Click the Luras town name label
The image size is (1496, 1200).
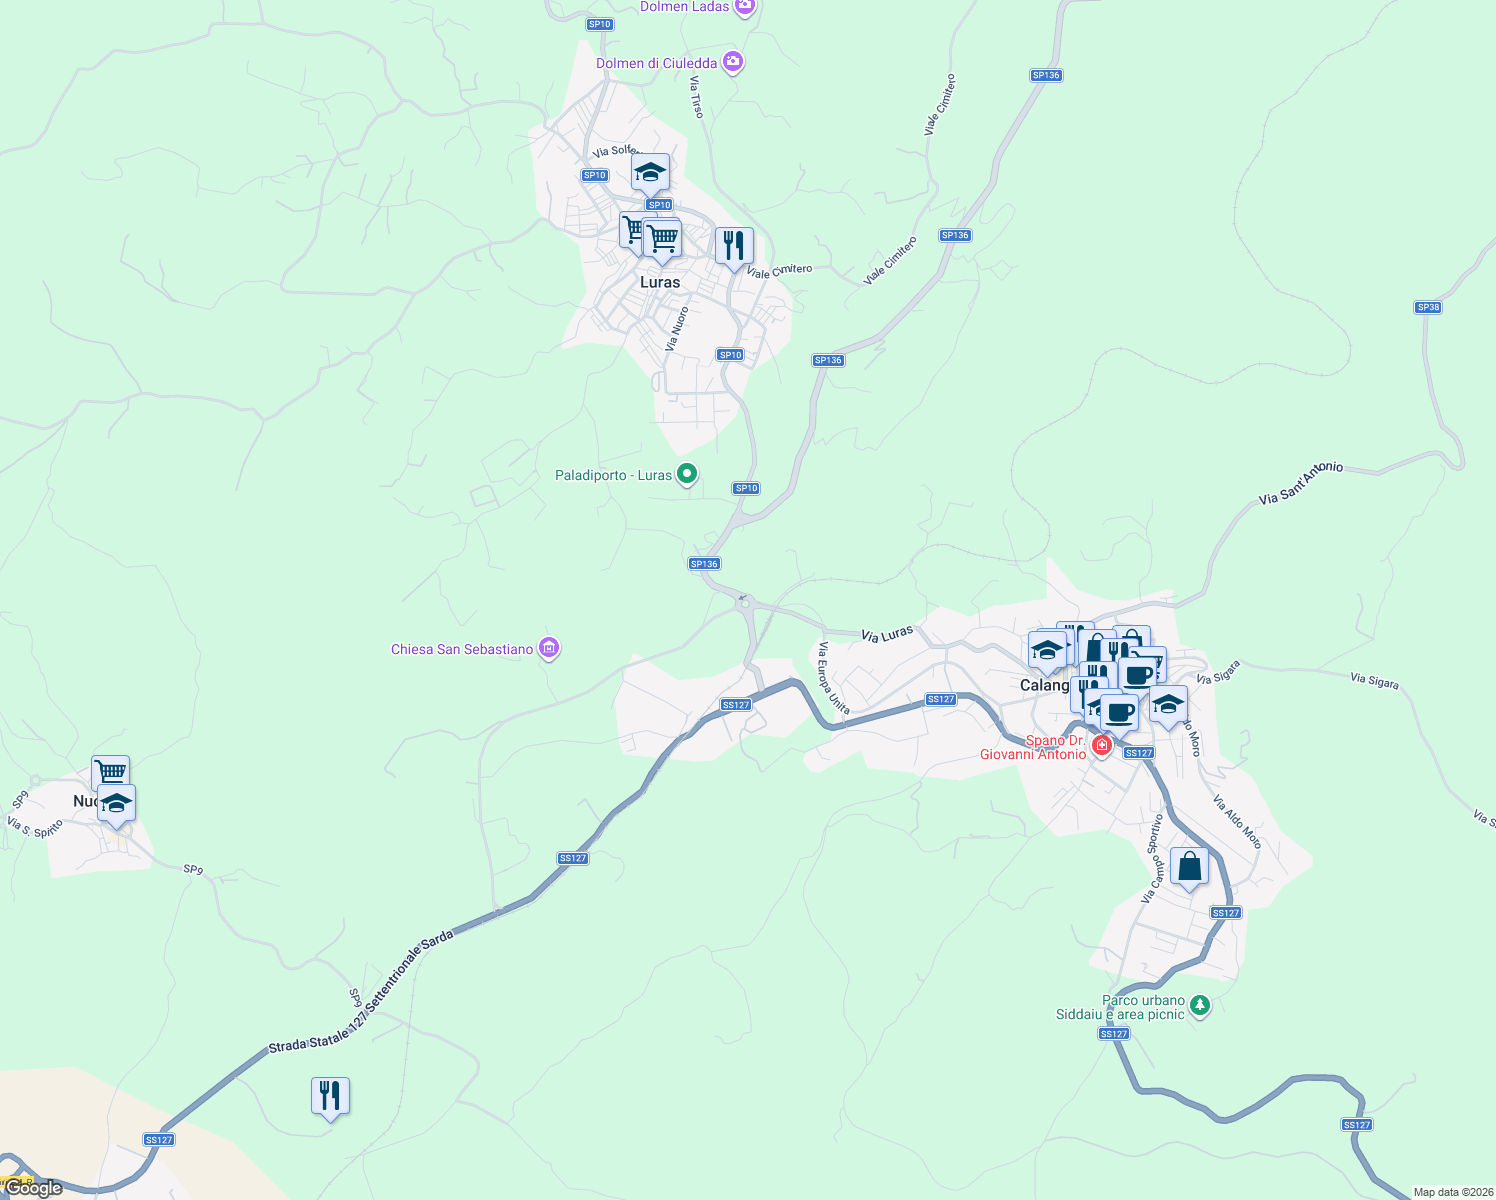click(x=660, y=282)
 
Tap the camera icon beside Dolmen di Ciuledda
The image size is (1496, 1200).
click(x=734, y=63)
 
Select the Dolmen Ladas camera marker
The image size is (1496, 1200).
click(x=744, y=7)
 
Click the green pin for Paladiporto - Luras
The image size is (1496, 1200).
click(x=687, y=474)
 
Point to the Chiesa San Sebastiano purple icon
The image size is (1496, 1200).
click(x=548, y=649)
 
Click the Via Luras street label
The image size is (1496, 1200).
click(x=887, y=634)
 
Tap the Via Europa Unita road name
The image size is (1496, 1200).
click(x=834, y=679)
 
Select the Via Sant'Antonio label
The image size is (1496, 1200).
click(x=1300, y=483)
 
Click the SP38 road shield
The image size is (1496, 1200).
click(x=1428, y=307)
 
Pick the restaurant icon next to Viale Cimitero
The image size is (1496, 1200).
click(x=734, y=246)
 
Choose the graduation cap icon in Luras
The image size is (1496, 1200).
click(x=650, y=174)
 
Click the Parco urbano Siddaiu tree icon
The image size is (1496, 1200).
click(x=1201, y=1005)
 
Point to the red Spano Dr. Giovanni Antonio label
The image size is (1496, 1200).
click(x=1033, y=747)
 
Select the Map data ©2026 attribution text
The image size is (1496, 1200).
click(x=1453, y=1192)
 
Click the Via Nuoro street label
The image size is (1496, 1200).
click(x=677, y=329)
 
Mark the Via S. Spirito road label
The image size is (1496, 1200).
click(x=35, y=828)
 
